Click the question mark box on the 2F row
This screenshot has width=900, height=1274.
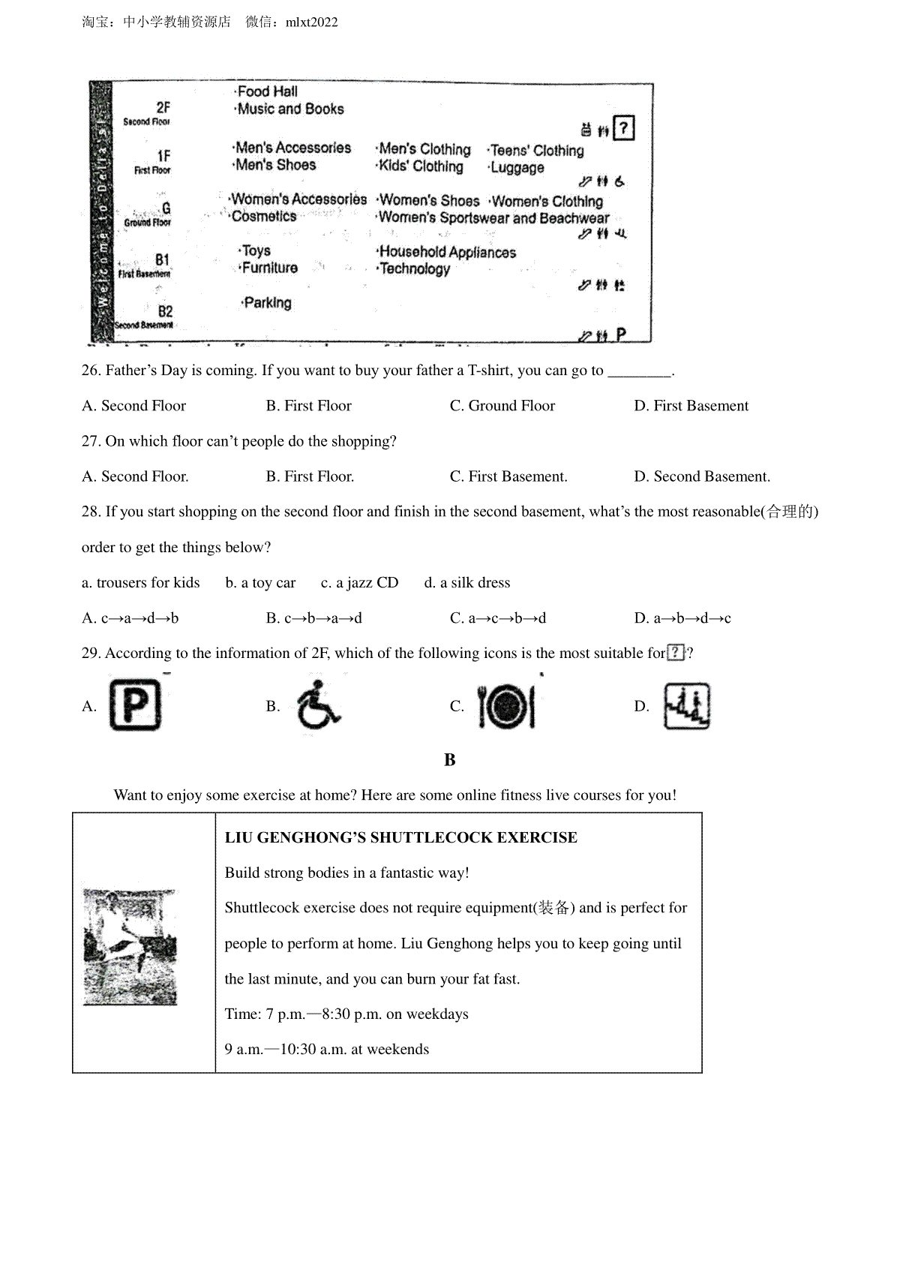pyautogui.click(x=623, y=128)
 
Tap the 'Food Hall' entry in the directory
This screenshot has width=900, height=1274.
pyautogui.click(x=267, y=92)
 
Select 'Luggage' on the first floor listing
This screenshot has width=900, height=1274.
pyautogui.click(x=517, y=167)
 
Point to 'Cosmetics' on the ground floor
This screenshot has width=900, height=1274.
pyautogui.click(x=263, y=216)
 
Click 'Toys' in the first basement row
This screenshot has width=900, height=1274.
pyautogui.click(x=256, y=251)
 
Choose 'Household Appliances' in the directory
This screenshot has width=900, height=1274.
pyautogui.click(x=447, y=252)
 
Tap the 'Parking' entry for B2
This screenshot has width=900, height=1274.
pyautogui.click(x=267, y=303)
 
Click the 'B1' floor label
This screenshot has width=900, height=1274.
pyautogui.click(x=163, y=260)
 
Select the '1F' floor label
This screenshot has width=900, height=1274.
pyautogui.click(x=163, y=156)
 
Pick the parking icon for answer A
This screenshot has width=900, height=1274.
pyautogui.click(x=135, y=705)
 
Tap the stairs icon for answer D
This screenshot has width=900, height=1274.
pyautogui.click(x=686, y=707)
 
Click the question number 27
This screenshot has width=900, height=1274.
pyautogui.click(x=91, y=441)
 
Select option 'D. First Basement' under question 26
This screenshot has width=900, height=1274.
pyautogui.click(x=691, y=406)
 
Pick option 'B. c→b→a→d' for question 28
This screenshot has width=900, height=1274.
pyautogui.click(x=313, y=618)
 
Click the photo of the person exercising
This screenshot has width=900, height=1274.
pyautogui.click(x=130, y=947)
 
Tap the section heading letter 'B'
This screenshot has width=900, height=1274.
pyautogui.click(x=450, y=760)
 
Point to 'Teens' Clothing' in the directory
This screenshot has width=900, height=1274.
pyautogui.click(x=536, y=151)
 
